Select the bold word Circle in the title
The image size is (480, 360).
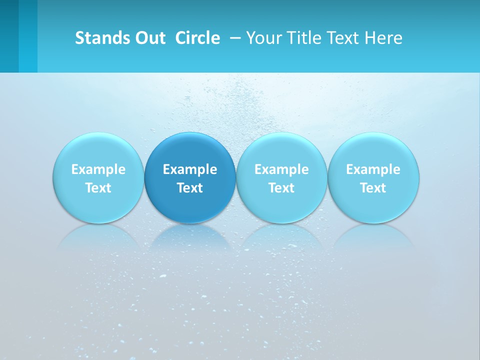[197, 38]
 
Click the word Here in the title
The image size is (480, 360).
[384, 38]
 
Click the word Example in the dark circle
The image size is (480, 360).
[190, 169]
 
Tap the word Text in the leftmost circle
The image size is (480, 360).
[98, 188]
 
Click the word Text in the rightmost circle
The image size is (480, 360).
[373, 188]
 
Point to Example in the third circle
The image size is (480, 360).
[281, 169]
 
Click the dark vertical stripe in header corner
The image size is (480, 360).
[9, 36]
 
